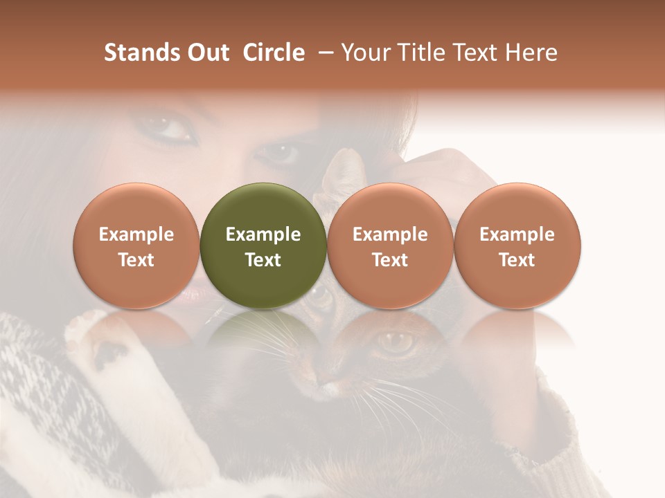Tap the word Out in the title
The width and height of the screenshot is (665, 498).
coord(206,53)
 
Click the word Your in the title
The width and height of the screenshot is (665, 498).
coord(364,53)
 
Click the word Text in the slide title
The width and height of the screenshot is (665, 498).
coord(476,53)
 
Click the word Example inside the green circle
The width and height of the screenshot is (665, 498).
coord(263,234)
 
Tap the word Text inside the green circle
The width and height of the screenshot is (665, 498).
coord(263,260)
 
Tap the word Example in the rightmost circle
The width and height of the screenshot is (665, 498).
coord(517,234)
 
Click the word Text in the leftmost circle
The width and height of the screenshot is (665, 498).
coord(136,260)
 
